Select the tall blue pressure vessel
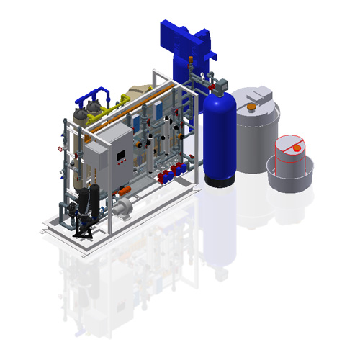(x=219, y=140)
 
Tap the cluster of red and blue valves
(x=169, y=173)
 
